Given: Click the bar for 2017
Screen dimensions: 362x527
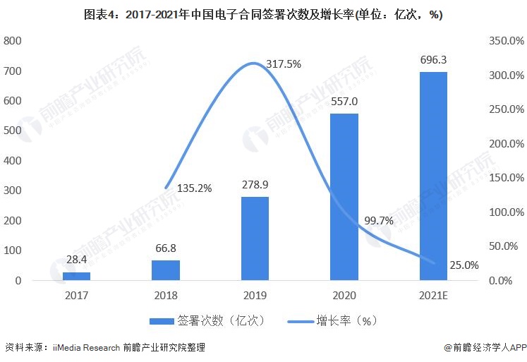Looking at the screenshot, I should click(x=82, y=276).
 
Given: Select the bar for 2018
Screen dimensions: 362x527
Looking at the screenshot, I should click(x=166, y=270).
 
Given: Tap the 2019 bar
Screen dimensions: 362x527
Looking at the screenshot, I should click(x=255, y=239).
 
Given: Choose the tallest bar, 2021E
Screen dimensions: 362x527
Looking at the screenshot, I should click(x=433, y=176).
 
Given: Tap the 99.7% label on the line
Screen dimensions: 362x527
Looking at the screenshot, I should click(x=379, y=221).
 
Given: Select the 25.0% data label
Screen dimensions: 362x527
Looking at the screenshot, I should click(x=463, y=265).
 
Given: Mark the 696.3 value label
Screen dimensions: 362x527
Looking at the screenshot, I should click(x=433, y=60).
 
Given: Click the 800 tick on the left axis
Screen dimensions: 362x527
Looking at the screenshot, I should click(x=13, y=41).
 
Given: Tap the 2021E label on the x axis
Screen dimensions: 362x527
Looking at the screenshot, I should click(x=433, y=296).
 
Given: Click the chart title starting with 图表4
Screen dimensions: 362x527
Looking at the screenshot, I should click(x=263, y=15).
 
